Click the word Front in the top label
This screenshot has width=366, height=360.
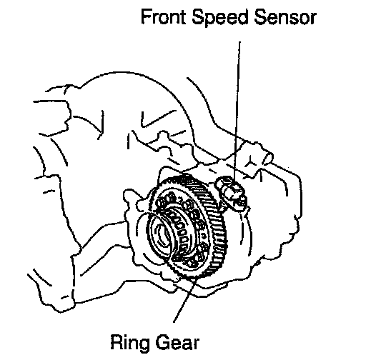(163, 17)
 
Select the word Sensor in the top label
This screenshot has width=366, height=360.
(285, 18)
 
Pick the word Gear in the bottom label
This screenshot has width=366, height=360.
(177, 342)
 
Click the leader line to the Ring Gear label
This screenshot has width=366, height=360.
(185, 301)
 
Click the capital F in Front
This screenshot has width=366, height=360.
(146, 17)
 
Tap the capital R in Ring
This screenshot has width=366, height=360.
(117, 342)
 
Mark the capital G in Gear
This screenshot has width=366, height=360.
(163, 342)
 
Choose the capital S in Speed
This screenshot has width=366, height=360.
(198, 17)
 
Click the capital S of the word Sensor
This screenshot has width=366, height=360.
(260, 17)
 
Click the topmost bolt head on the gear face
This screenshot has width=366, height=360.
(171, 196)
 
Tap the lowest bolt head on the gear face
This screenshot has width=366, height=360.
(191, 263)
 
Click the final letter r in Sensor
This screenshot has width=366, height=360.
(313, 19)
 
